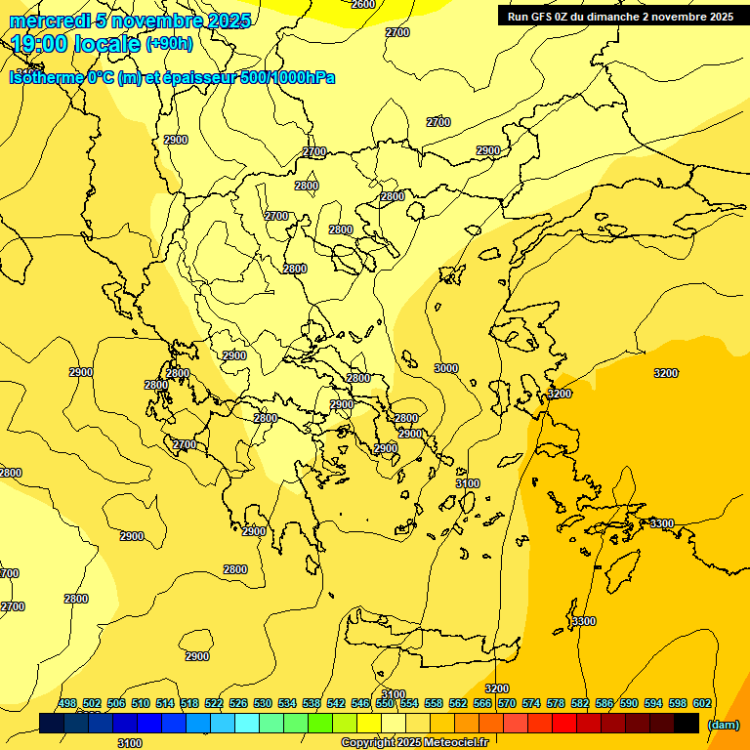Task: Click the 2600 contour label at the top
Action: [362, 4]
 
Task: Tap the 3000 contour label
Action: [445, 368]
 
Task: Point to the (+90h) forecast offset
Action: [169, 44]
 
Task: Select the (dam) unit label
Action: [723, 725]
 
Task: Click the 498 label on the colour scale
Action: [67, 703]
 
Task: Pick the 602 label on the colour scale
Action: [702, 703]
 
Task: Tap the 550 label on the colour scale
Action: [385, 703]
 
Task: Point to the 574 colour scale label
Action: [531, 703]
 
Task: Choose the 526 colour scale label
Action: [238, 703]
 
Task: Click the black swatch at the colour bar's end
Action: [687, 723]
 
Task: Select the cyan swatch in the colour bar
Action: [247, 723]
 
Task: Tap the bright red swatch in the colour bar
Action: [564, 723]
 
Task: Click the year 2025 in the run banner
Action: [718, 17]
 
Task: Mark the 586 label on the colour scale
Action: [604, 703]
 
